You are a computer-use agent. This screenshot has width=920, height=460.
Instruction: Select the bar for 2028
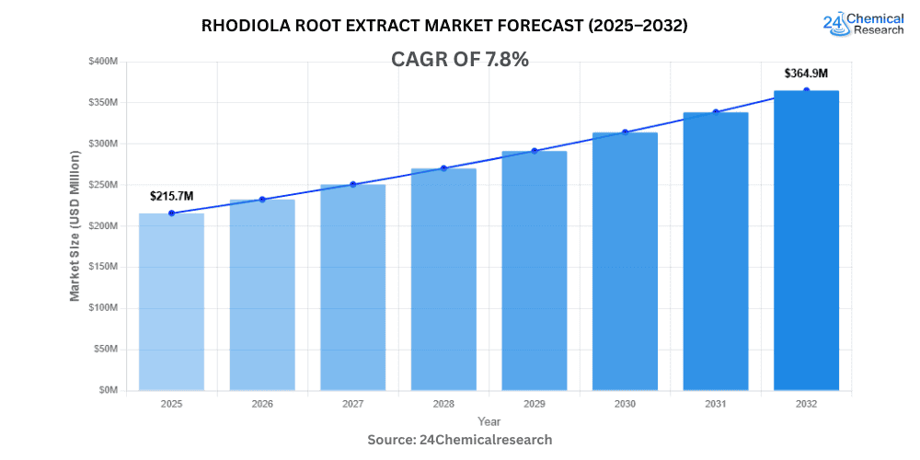[443, 280]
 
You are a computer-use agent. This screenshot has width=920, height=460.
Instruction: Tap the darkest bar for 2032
[806, 240]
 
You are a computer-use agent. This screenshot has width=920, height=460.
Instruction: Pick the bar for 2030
[625, 261]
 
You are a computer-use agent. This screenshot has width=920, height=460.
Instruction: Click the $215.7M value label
[173, 196]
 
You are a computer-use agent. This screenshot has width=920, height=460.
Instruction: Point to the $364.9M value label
[806, 73]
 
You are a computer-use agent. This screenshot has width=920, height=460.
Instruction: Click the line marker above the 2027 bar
[352, 185]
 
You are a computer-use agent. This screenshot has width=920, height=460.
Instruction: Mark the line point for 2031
[715, 112]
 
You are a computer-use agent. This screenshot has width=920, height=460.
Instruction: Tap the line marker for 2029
[534, 151]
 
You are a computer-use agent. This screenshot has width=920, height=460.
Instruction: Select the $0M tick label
[108, 390]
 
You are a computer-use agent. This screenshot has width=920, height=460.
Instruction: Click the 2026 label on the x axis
[262, 404]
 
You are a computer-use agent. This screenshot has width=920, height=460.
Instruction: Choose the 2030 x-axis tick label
[625, 404]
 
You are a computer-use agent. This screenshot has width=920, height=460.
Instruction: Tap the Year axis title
[489, 420]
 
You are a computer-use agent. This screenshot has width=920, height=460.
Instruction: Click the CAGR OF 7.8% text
[460, 60]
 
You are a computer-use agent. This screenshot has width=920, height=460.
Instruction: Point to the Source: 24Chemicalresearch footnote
[460, 440]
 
